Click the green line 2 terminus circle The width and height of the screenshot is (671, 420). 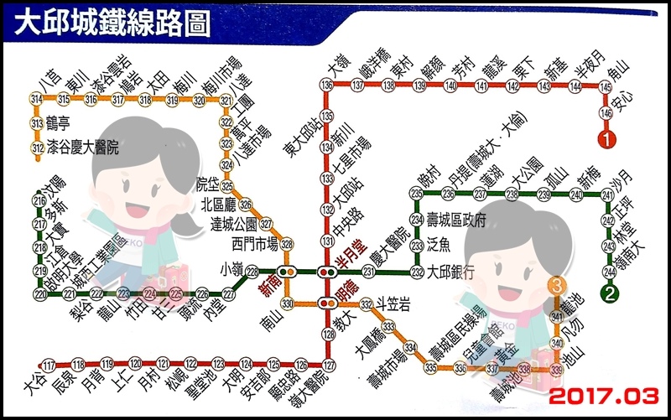click(x=610, y=293)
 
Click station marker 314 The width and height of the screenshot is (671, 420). click(x=37, y=100)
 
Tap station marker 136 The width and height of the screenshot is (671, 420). click(x=327, y=86)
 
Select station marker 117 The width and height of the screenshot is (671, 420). click(x=48, y=365)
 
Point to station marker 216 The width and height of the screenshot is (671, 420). click(x=39, y=201)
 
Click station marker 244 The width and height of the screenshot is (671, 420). click(x=610, y=272)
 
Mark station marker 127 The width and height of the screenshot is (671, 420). click(x=328, y=365)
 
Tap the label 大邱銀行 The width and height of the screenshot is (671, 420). click(x=452, y=272)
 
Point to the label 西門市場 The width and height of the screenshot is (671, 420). click(x=253, y=245)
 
